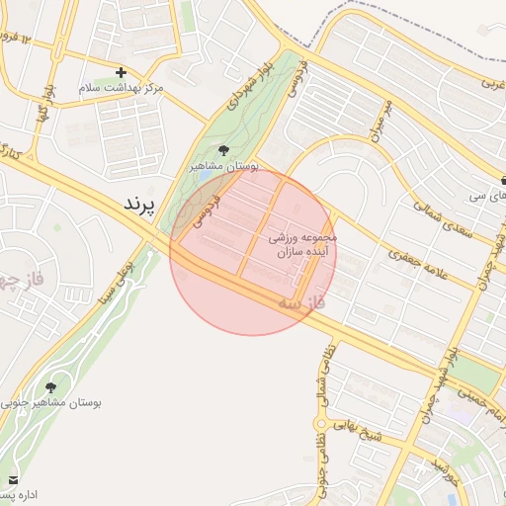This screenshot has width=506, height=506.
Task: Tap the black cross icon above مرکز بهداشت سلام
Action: point(121,72)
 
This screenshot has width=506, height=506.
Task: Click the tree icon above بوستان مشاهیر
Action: point(224,150)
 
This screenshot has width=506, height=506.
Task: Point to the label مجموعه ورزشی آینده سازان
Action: point(303,246)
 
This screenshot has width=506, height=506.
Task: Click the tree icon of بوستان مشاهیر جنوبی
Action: point(50,386)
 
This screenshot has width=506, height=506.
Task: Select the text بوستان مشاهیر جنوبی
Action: point(51,403)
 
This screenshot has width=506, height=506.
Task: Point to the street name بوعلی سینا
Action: point(118,279)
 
